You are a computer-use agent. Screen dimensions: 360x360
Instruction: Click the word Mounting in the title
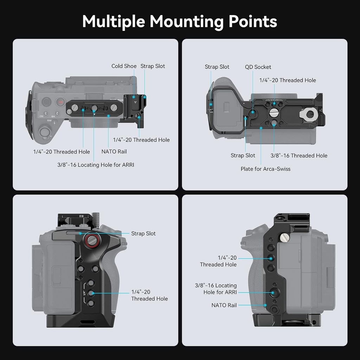tap(186, 21)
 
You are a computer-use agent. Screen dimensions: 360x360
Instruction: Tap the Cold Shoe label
tap(124, 66)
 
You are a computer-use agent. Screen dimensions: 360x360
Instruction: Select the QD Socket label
tap(258, 67)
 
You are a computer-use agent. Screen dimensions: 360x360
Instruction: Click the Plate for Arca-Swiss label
tap(265, 169)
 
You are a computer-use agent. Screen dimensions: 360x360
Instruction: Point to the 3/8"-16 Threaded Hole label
tap(299, 155)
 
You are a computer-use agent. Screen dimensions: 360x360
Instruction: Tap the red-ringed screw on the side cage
tap(91, 240)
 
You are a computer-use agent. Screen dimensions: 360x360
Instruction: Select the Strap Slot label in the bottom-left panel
tap(143, 233)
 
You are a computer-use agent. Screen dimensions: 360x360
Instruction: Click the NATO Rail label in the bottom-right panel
tap(224, 305)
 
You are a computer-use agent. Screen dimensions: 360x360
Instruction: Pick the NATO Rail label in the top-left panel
tap(114, 152)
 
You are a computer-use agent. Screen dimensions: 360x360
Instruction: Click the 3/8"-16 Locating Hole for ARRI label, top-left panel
tap(96, 165)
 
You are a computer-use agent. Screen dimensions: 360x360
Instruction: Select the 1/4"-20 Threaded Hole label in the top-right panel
tap(288, 80)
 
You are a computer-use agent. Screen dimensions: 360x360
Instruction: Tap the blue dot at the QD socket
tap(253, 112)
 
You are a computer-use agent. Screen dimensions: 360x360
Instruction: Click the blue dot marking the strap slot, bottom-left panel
tap(80, 233)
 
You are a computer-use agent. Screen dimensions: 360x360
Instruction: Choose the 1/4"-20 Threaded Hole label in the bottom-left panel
tap(149, 295)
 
